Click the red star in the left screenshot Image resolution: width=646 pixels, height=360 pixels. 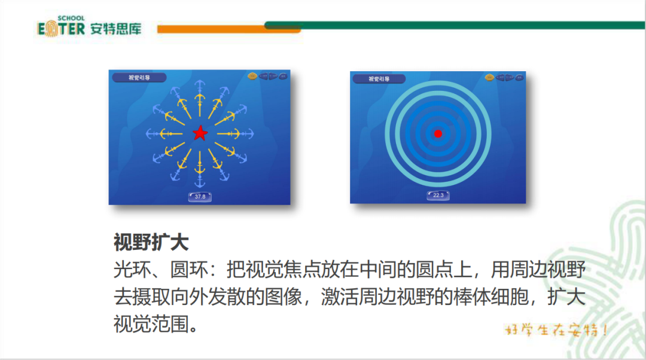pyautogui.click(x=200, y=133)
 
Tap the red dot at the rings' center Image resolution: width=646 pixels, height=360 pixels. pyautogui.click(x=437, y=133)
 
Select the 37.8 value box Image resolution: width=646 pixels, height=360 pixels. pyautogui.click(x=200, y=196)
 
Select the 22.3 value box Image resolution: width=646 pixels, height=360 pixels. pyautogui.click(x=438, y=195)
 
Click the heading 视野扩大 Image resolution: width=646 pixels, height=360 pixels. pyautogui.click(x=151, y=242)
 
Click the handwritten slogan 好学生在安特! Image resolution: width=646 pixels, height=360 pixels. pyautogui.click(x=556, y=330)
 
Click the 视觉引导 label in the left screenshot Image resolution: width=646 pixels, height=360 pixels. pyautogui.click(x=139, y=77)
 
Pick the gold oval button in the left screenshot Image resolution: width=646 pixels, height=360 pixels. pyautogui.click(x=252, y=76)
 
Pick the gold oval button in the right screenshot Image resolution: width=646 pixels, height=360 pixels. pyautogui.click(x=489, y=77)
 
